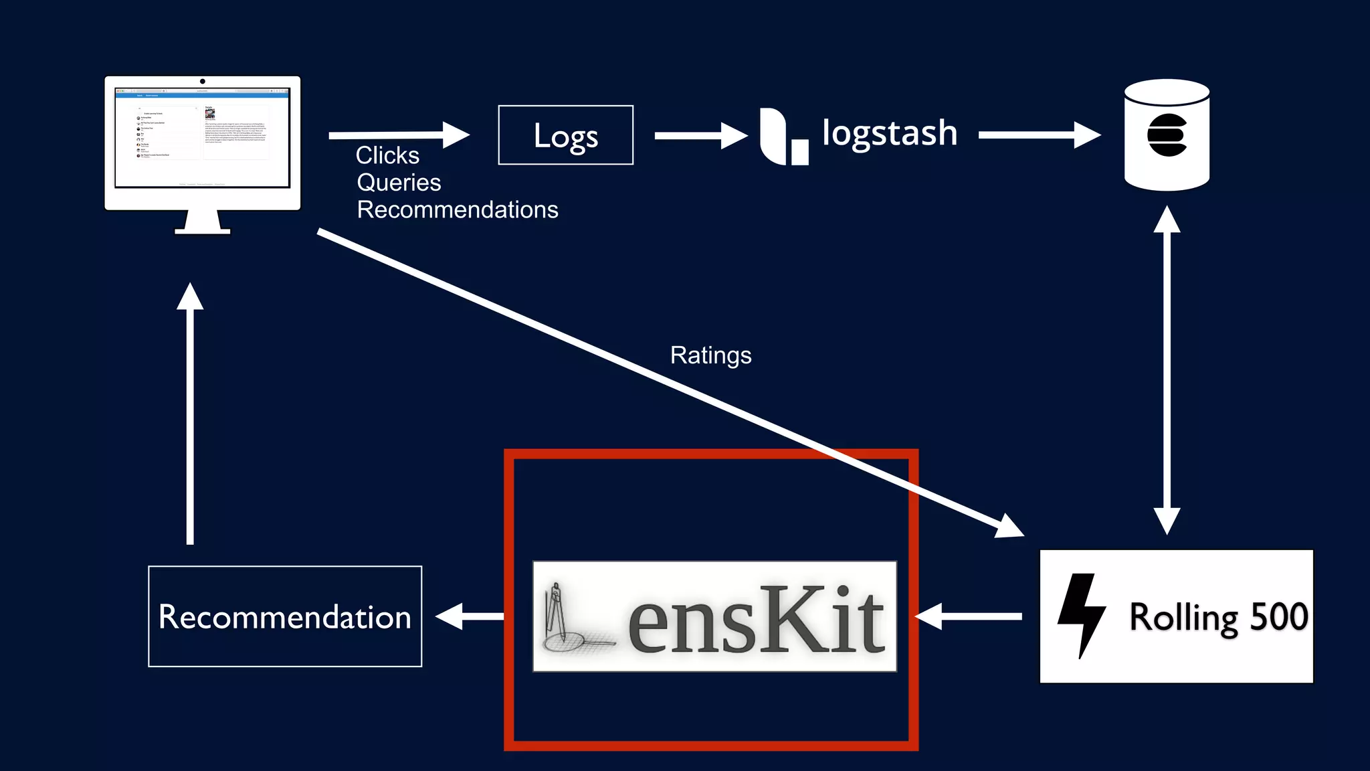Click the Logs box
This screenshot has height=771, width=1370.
[565, 135]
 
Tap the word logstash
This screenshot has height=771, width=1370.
[889, 133]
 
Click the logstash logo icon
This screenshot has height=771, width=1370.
[783, 137]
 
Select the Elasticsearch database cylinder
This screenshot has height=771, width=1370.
[1167, 135]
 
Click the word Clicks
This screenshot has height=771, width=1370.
[387, 155]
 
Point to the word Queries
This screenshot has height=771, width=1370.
[399, 183]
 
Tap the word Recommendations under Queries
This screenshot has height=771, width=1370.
[458, 210]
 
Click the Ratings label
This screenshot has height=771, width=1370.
[710, 355]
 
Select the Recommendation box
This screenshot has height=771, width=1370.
[285, 616]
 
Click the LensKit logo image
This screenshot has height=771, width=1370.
[714, 616]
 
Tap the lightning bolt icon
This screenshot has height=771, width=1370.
[1080, 614]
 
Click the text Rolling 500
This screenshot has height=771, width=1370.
[1218, 617]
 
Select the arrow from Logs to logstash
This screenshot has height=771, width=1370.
[700, 136]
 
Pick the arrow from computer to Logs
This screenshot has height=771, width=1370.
[399, 135]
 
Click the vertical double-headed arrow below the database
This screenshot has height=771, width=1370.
[1167, 370]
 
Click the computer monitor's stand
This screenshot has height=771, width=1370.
[203, 223]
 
